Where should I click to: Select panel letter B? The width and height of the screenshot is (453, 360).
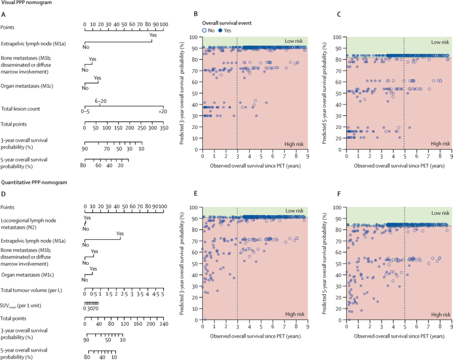195,15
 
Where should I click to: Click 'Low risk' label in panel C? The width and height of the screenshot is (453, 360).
440,42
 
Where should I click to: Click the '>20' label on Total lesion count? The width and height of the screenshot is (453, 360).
162,112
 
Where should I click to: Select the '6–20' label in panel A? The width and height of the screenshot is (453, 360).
100,101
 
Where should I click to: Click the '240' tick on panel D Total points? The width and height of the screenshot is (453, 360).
163,324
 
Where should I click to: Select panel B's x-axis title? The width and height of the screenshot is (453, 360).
255,166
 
